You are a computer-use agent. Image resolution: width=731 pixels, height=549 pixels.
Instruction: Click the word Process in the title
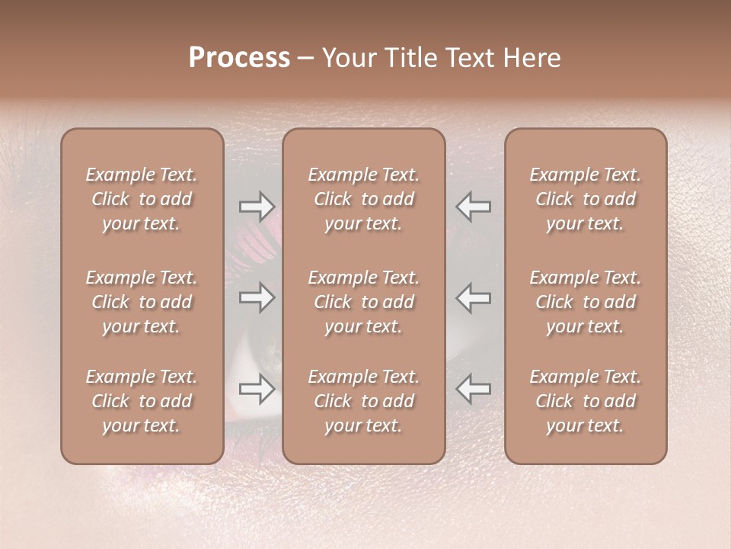pyautogui.click(x=239, y=58)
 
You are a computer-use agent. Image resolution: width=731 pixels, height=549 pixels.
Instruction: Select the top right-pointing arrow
pyautogui.click(x=257, y=206)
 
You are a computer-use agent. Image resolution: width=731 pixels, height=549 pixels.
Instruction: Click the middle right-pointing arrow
pyautogui.click(x=257, y=297)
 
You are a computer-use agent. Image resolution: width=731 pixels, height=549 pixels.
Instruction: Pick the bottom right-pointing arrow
pyautogui.click(x=257, y=390)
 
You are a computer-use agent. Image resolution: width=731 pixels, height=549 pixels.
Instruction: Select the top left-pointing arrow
pyautogui.click(x=474, y=206)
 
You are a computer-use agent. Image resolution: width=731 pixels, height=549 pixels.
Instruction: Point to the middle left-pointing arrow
pyautogui.click(x=474, y=297)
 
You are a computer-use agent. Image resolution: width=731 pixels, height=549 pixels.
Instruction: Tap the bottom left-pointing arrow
pyautogui.click(x=474, y=389)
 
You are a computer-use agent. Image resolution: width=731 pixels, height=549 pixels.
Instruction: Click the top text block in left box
pyautogui.click(x=142, y=199)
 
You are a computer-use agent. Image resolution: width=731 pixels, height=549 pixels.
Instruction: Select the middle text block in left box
pyautogui.click(x=142, y=302)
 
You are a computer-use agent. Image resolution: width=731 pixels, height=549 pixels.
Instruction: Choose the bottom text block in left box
pyautogui.click(x=142, y=401)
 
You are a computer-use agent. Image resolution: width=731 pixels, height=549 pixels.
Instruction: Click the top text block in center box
pyautogui.click(x=364, y=199)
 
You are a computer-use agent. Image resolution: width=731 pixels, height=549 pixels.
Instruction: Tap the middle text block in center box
pyautogui.click(x=364, y=302)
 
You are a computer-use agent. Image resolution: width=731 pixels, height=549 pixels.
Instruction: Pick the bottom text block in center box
pyautogui.click(x=364, y=401)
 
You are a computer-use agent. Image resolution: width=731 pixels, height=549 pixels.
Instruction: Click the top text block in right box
pyautogui.click(x=586, y=199)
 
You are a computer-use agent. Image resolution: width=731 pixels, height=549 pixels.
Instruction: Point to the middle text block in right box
pyautogui.click(x=586, y=302)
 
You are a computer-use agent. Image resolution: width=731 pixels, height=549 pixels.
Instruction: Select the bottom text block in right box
pyautogui.click(x=586, y=401)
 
